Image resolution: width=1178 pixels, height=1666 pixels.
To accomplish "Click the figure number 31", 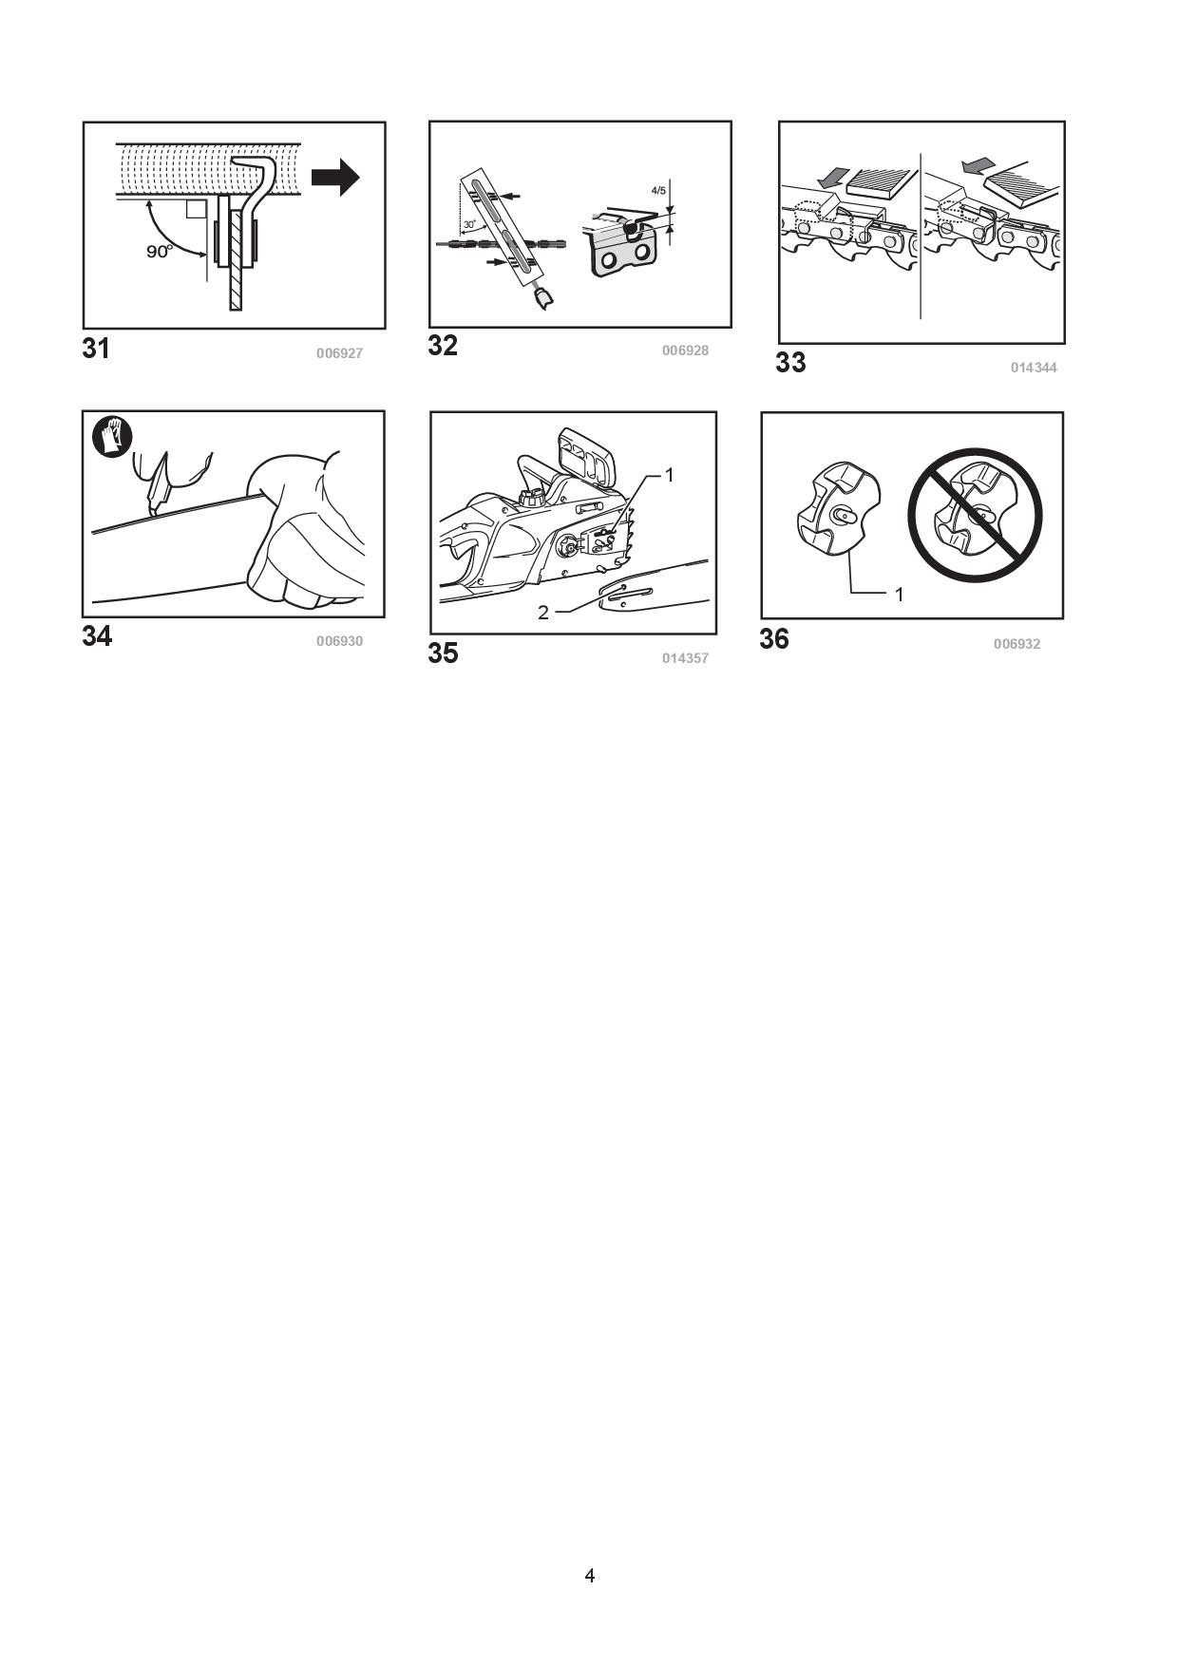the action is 96,349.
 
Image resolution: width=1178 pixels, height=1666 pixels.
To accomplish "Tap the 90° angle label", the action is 160,252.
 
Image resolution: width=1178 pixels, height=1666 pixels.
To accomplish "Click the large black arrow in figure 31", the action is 335,177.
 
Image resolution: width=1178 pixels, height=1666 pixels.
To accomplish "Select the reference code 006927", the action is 339,353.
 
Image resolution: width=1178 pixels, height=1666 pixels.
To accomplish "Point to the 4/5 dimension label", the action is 658,191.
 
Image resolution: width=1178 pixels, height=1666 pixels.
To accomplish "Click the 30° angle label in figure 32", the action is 469,225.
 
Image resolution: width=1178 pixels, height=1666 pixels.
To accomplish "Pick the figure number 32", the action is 443,346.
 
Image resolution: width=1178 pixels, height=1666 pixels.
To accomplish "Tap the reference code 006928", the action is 685,350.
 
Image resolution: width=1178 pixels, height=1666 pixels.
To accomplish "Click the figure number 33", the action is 790,363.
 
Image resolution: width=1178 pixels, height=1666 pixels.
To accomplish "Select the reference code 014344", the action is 1034,368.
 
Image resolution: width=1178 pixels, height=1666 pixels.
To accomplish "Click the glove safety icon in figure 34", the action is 112,437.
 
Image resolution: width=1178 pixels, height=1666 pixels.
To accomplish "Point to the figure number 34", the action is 97,636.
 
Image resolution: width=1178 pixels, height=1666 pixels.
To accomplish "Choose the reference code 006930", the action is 339,641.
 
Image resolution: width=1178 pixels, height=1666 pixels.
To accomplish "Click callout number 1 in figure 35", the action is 669,474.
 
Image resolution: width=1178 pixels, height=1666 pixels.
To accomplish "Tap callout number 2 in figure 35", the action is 543,613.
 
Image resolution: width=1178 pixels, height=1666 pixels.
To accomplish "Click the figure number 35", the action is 443,653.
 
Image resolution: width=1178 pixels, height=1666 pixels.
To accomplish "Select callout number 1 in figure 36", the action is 899,595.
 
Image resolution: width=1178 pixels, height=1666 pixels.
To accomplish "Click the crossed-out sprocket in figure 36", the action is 976,515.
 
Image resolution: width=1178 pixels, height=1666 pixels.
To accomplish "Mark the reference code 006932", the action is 1016,644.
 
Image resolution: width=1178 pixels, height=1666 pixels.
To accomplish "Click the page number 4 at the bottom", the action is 590,1576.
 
